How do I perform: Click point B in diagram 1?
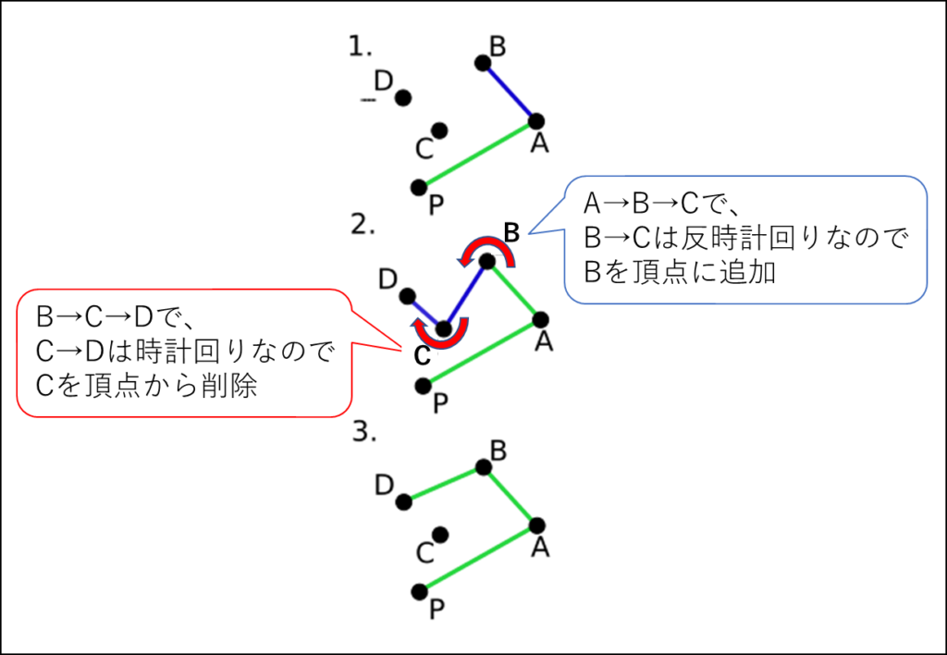point(482,63)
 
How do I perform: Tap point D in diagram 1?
point(403,98)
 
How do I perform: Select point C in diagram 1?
point(439,130)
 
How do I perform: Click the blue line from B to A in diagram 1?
point(509,92)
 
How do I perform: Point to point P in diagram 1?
point(418,187)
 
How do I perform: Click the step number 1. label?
point(360,46)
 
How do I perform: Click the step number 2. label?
point(363,224)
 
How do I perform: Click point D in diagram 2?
point(408,296)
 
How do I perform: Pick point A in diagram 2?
point(540,320)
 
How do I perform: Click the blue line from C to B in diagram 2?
point(465,295)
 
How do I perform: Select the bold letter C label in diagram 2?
point(422,356)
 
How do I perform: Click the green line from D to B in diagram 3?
point(443,484)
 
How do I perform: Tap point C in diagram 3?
point(439,535)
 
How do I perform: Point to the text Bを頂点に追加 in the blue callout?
point(680,273)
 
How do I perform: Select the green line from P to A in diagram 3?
point(478,558)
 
